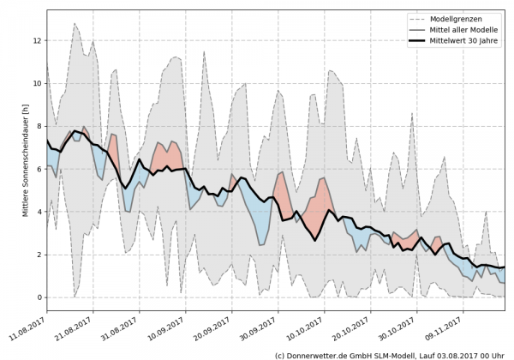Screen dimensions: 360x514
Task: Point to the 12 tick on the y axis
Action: [x=37, y=40]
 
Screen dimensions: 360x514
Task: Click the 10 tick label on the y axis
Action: [x=37, y=83]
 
